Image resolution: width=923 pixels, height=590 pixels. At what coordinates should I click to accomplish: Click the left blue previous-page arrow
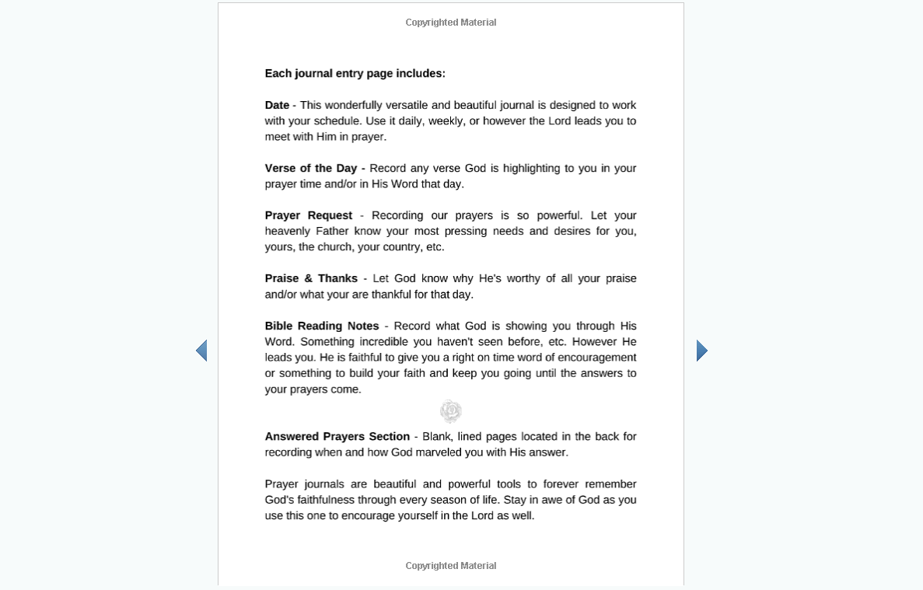point(201,351)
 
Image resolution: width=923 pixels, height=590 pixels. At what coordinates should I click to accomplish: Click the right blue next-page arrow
point(701,351)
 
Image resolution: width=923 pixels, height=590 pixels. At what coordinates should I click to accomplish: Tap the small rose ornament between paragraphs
point(450,411)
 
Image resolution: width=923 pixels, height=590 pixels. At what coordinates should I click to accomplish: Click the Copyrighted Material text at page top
point(450,23)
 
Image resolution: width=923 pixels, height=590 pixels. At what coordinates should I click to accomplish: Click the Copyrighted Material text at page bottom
point(450,566)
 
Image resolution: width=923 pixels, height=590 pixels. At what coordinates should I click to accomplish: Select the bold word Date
point(277,105)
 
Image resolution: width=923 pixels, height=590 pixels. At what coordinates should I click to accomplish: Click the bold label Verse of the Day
point(311,168)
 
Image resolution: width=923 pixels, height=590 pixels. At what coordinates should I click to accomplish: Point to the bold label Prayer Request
point(308,215)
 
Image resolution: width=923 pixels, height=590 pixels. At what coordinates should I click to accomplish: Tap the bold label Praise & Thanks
point(311,278)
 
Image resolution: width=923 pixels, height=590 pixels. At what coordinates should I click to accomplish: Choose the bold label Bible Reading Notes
point(321,326)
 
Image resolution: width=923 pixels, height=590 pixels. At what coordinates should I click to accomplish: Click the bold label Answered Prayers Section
point(337,436)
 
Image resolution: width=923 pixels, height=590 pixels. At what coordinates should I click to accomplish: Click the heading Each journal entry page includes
point(355,74)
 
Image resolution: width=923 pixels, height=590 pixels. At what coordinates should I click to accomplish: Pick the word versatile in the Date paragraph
point(404,105)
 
